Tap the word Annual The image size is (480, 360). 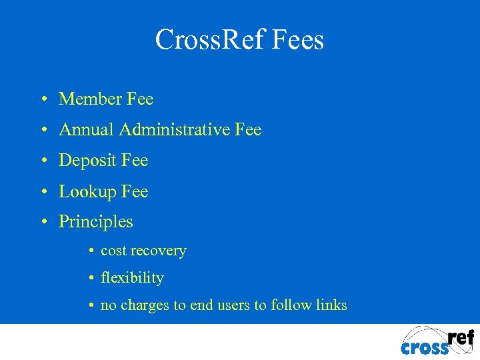coord(87,130)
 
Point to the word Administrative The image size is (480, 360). coord(175,130)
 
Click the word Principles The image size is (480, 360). coord(96,222)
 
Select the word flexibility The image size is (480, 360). coord(132,278)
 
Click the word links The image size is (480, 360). coord(332,305)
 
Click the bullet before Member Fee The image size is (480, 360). coord(43,100)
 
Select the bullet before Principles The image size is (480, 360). coord(43,222)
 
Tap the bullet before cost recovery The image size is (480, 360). coord(90,252)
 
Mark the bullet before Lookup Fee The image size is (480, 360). coord(43,192)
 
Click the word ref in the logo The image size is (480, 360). coord(461,337)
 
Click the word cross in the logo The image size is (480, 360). coord(425,347)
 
